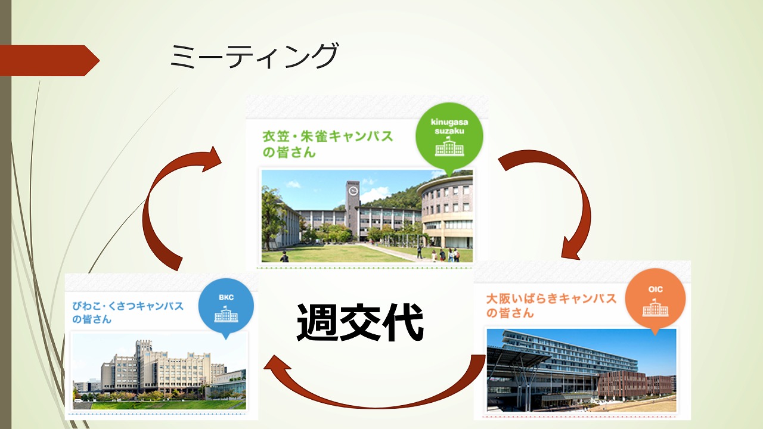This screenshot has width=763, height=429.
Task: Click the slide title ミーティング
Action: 254,56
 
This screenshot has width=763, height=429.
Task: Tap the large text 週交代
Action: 360,322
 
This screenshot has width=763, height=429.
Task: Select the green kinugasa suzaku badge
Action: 449,137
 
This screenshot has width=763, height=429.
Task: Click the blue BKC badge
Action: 226,306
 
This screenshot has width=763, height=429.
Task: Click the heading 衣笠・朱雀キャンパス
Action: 328,136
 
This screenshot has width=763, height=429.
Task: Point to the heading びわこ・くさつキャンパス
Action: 128,306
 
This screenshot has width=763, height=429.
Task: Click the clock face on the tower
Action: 353,191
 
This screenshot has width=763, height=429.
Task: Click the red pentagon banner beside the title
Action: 49,60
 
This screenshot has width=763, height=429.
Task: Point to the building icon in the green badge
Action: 449,147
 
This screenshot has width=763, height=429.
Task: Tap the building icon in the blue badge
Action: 226,314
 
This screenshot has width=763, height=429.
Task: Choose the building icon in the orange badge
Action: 655,307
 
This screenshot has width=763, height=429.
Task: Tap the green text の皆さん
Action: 289,152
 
